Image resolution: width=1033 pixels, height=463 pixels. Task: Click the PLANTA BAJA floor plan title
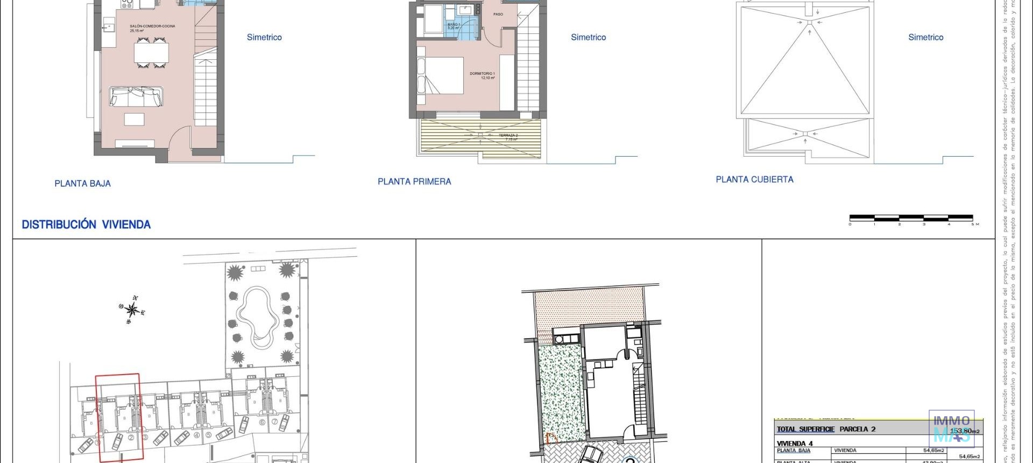pyautogui.click(x=82, y=184)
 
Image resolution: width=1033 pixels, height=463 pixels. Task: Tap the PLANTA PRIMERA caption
pyautogui.click(x=414, y=182)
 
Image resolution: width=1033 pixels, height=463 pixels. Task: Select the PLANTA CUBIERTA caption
pyautogui.click(x=754, y=180)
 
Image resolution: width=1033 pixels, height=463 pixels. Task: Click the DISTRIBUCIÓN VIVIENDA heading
pyautogui.click(x=86, y=225)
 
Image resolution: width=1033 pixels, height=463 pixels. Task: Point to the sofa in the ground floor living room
pyautogui.click(x=136, y=97)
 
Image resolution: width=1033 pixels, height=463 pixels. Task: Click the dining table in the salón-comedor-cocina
pyautogui.click(x=151, y=53)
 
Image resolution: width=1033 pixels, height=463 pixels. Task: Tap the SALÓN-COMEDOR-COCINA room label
pyautogui.click(x=152, y=26)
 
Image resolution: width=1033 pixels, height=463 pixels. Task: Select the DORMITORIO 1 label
pyautogui.click(x=482, y=74)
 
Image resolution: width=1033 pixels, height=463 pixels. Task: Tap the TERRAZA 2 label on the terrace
pyautogui.click(x=508, y=136)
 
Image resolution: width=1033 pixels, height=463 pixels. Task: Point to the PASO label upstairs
pyautogui.click(x=498, y=14)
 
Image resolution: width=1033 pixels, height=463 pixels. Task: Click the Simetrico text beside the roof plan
pyautogui.click(x=925, y=37)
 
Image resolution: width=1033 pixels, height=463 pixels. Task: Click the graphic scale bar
pyautogui.click(x=911, y=218)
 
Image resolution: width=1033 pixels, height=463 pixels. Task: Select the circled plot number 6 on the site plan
pyautogui.click(x=263, y=422)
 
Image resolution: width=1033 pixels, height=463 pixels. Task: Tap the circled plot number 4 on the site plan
pyautogui.click(x=196, y=435)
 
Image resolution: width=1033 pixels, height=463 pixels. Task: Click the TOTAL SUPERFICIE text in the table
pyautogui.click(x=805, y=429)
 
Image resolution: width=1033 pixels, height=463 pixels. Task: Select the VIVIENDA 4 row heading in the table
pyautogui.click(x=795, y=444)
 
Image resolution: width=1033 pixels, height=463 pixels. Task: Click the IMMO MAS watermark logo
pyautogui.click(x=951, y=427)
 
